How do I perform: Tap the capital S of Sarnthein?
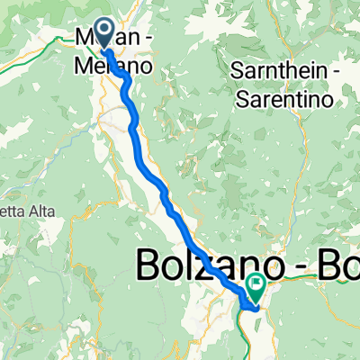[237, 70]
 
